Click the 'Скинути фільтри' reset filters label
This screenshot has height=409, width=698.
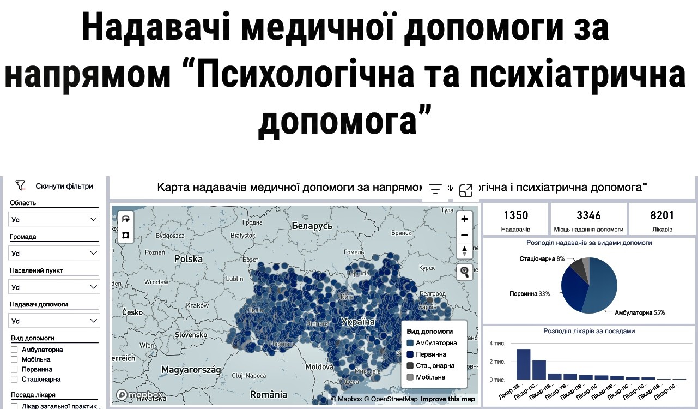[64, 186]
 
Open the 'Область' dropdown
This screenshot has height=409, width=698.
[54, 219]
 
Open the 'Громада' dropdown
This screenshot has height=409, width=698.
[54, 253]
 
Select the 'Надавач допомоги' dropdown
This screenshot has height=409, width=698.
[54, 321]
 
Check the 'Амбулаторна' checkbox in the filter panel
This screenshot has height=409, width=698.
[15, 350]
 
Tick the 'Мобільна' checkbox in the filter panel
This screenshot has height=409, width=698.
[15, 359]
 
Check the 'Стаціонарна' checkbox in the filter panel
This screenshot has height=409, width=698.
[15, 379]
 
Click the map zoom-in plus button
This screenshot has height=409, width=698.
[464, 219]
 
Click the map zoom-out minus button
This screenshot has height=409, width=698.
[464, 235]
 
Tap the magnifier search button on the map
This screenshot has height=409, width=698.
[464, 272]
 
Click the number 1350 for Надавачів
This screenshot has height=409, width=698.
[515, 215]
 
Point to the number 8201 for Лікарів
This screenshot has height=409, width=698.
[662, 215]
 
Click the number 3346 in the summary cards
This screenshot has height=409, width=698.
[588, 215]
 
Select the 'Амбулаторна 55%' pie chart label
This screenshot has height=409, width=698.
[640, 313]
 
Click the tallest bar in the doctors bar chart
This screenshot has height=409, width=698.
[524, 364]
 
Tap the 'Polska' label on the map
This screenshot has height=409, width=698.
[188, 259]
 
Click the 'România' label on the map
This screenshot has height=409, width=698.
[268, 394]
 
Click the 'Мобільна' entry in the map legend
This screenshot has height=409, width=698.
[430, 377]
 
